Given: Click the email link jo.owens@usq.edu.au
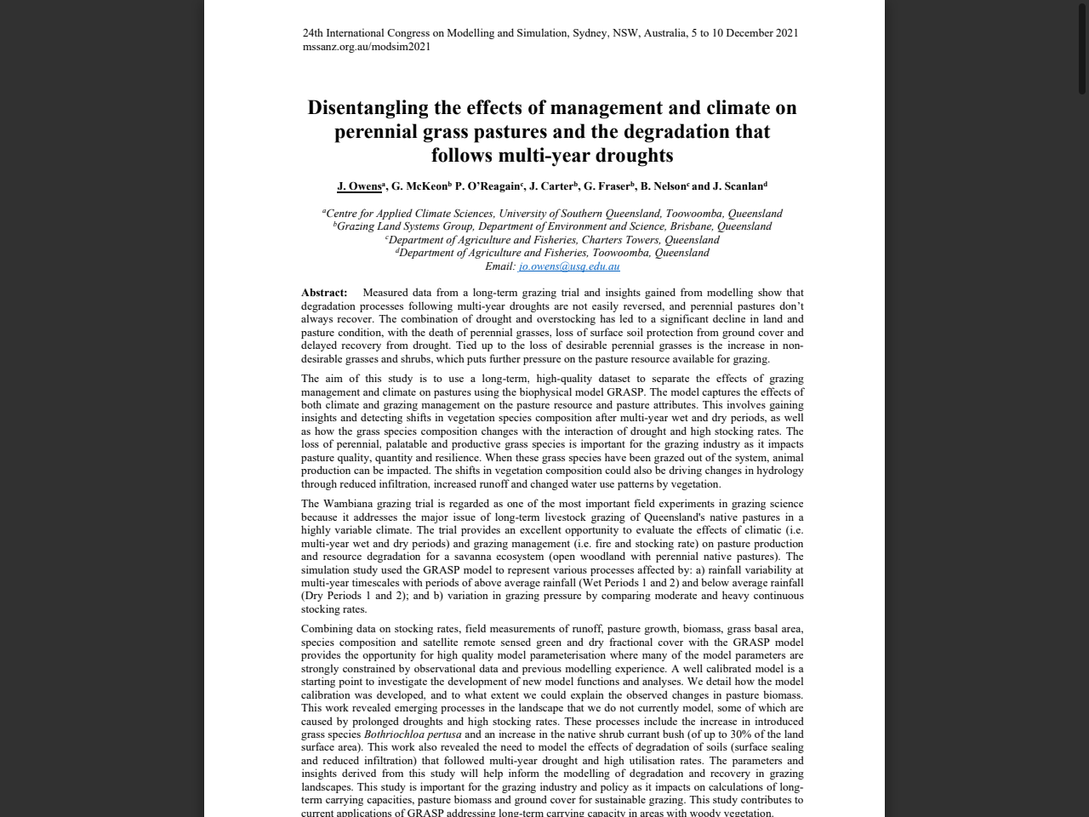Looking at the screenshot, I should click(x=569, y=266).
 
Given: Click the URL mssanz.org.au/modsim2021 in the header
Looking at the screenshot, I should click(x=367, y=47).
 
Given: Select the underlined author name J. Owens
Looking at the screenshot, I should click(x=359, y=186).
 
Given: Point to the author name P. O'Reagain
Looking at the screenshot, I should click(x=487, y=186).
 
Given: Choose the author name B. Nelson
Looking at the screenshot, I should click(x=663, y=186).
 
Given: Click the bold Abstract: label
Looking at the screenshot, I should click(x=324, y=293).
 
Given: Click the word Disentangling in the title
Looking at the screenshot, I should click(x=368, y=108).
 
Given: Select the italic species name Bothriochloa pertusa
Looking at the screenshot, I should click(x=413, y=734).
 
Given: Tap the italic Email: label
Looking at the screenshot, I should click(x=500, y=266).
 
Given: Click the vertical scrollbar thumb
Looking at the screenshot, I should click(x=1081, y=47).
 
